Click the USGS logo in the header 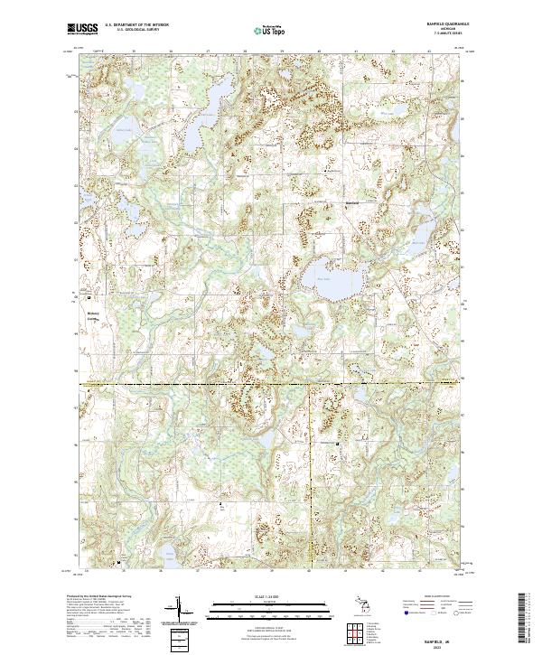coord(82,29)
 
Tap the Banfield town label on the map coord(353,201)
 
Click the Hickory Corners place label coord(95,317)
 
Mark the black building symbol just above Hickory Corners coord(89,296)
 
